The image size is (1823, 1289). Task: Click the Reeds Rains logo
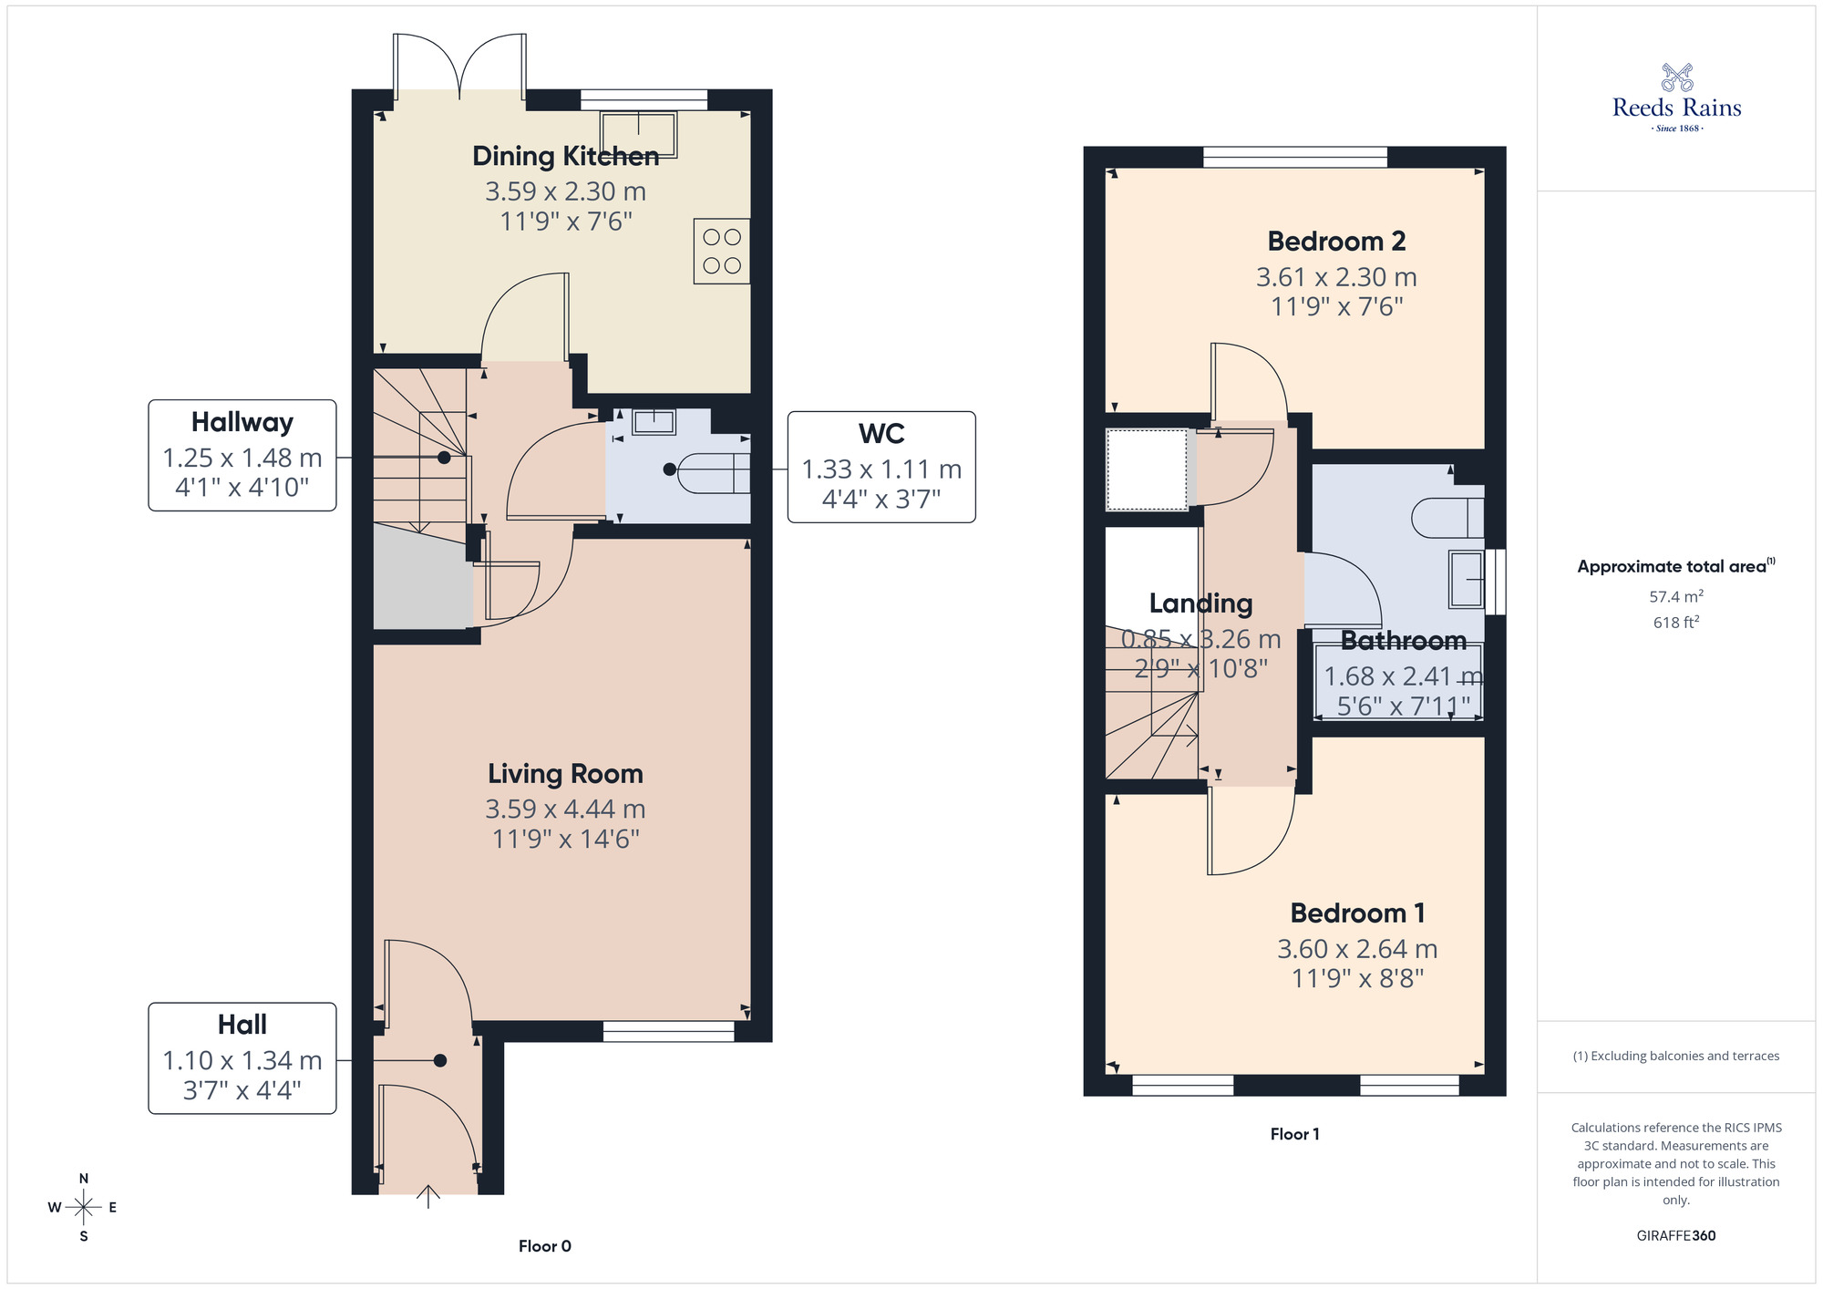(1676, 98)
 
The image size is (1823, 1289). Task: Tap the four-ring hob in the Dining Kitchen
(721, 251)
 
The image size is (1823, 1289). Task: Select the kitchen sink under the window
(638, 133)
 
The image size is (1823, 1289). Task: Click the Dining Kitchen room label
(565, 156)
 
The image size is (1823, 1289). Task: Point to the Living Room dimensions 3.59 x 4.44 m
(565, 809)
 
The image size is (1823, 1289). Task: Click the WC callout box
(881, 467)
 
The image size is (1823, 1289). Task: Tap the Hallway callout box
(242, 455)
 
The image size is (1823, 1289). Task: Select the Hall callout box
(242, 1057)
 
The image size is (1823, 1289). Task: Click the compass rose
(84, 1207)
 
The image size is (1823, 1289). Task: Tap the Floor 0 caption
(544, 1246)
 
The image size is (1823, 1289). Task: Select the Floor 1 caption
(1294, 1134)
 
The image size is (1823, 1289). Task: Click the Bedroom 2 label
(1336, 242)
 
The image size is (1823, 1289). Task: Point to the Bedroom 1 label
(1357, 913)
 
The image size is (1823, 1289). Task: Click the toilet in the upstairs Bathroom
(1447, 518)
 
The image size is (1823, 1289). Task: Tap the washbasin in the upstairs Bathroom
(1467, 580)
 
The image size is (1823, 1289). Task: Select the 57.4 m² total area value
(1675, 596)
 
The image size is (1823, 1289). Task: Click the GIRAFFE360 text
(1675, 1236)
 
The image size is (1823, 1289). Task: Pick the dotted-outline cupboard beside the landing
(1147, 469)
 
